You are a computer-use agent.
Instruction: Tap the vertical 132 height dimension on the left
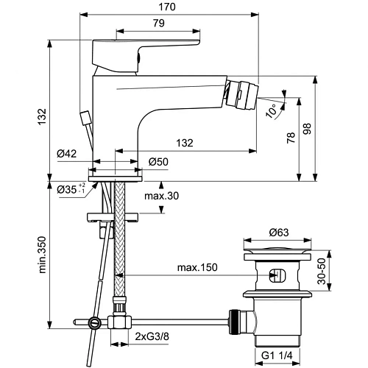(43, 116)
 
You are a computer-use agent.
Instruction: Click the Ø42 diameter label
(67, 154)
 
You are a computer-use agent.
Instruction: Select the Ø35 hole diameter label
(68, 190)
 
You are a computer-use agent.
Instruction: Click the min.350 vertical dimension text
(43, 254)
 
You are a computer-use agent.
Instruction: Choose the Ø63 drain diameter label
(278, 233)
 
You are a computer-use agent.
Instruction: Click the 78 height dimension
(291, 138)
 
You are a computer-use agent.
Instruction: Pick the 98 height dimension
(317, 128)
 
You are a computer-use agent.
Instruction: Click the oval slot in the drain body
(277, 277)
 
